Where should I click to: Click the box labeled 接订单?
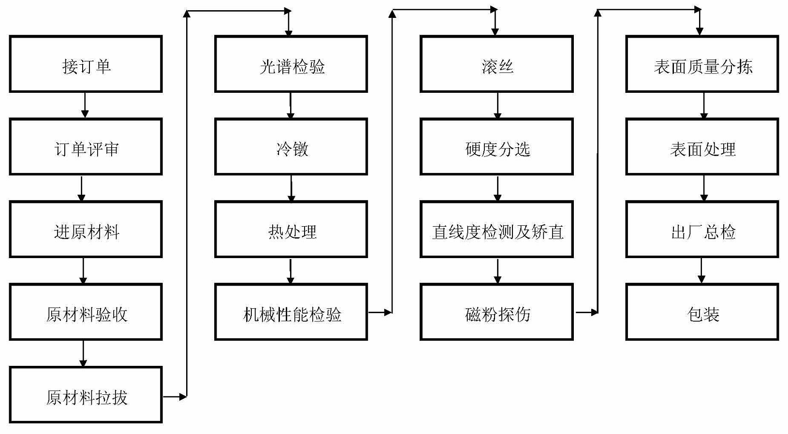click(86, 64)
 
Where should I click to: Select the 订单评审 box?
click(86, 147)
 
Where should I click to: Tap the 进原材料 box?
click(86, 230)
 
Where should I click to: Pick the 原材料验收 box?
click(86, 312)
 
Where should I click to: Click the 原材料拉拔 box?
click(86, 395)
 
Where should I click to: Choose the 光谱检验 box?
click(291, 64)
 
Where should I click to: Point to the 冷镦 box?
click(291, 147)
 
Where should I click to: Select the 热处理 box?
click(291, 230)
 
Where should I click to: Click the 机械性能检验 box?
click(291, 312)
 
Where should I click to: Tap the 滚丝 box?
click(496, 64)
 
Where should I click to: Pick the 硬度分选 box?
click(496, 147)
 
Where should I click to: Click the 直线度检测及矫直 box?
click(496, 230)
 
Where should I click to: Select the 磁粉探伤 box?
click(496, 312)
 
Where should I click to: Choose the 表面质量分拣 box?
click(702, 64)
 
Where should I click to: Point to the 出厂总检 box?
click(702, 230)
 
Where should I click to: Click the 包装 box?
click(702, 312)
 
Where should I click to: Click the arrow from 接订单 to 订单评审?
click(85, 105)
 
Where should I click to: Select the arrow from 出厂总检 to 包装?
click(701, 271)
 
